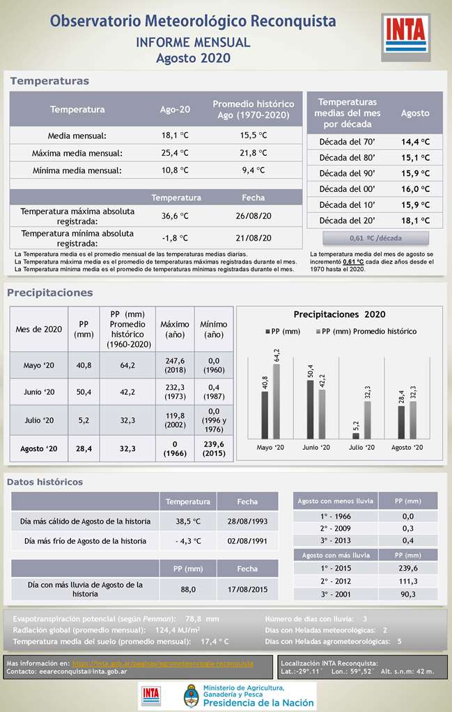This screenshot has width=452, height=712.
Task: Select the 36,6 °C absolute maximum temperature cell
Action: pyautogui.click(x=175, y=216)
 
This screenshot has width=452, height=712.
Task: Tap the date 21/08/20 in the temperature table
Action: pyautogui.click(x=253, y=238)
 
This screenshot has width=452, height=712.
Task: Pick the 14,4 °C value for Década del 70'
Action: pyautogui.click(x=415, y=142)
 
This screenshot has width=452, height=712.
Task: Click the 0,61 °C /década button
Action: pyautogui.click(x=375, y=238)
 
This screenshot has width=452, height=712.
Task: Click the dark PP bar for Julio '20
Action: pyautogui.click(x=356, y=436)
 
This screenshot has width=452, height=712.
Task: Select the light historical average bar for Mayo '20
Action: pyautogui.click(x=276, y=401)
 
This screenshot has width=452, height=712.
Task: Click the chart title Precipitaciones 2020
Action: pyautogui.click(x=339, y=314)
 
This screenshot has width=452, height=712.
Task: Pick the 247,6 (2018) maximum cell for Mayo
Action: pyautogui.click(x=175, y=366)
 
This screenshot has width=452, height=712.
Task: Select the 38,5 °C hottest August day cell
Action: pyautogui.click(x=188, y=521)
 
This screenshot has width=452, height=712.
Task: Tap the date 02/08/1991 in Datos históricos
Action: pyautogui.click(x=247, y=540)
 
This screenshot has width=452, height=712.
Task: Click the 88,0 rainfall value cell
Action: pyautogui.click(x=188, y=589)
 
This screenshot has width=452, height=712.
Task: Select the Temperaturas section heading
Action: pyautogui.click(x=49, y=81)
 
